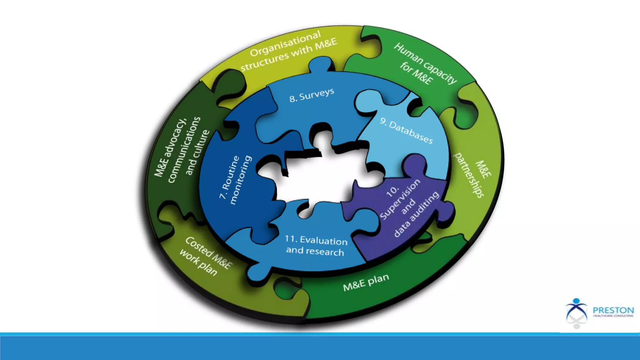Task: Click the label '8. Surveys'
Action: click(x=312, y=95)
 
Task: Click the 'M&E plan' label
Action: click(x=366, y=282)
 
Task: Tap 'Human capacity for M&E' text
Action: click(x=425, y=64)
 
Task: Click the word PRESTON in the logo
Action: click(x=613, y=310)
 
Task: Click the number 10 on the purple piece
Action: click(x=392, y=191)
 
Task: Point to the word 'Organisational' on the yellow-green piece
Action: click(x=285, y=43)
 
